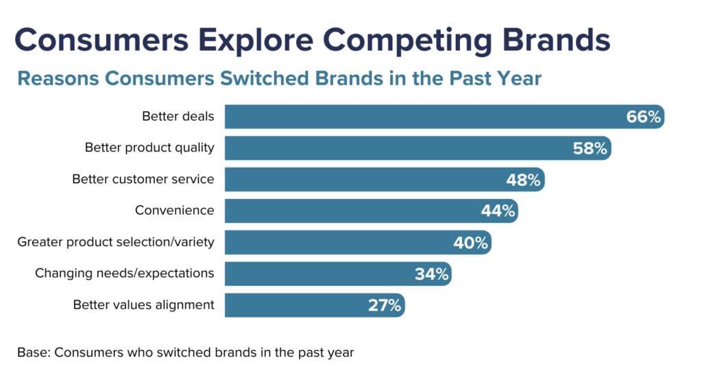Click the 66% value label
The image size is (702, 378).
point(643,117)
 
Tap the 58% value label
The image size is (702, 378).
point(590,148)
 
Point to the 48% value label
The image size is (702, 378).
point(523,180)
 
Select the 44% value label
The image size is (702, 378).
point(498,211)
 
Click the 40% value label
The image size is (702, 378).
point(470,243)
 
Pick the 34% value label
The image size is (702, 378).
point(432,274)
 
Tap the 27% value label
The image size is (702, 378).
point(385,305)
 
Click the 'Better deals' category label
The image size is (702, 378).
point(178,117)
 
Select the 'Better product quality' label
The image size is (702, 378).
point(149,147)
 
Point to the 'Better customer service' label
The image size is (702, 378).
point(143,179)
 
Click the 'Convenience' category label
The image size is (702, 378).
point(175,211)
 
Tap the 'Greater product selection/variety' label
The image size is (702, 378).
point(116,242)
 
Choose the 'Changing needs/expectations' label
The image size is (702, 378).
point(125,274)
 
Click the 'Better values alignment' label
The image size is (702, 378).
point(144,305)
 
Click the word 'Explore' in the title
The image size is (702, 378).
point(256,40)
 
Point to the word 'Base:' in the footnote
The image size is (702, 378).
point(34,353)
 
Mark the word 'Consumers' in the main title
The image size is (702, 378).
point(101,40)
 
